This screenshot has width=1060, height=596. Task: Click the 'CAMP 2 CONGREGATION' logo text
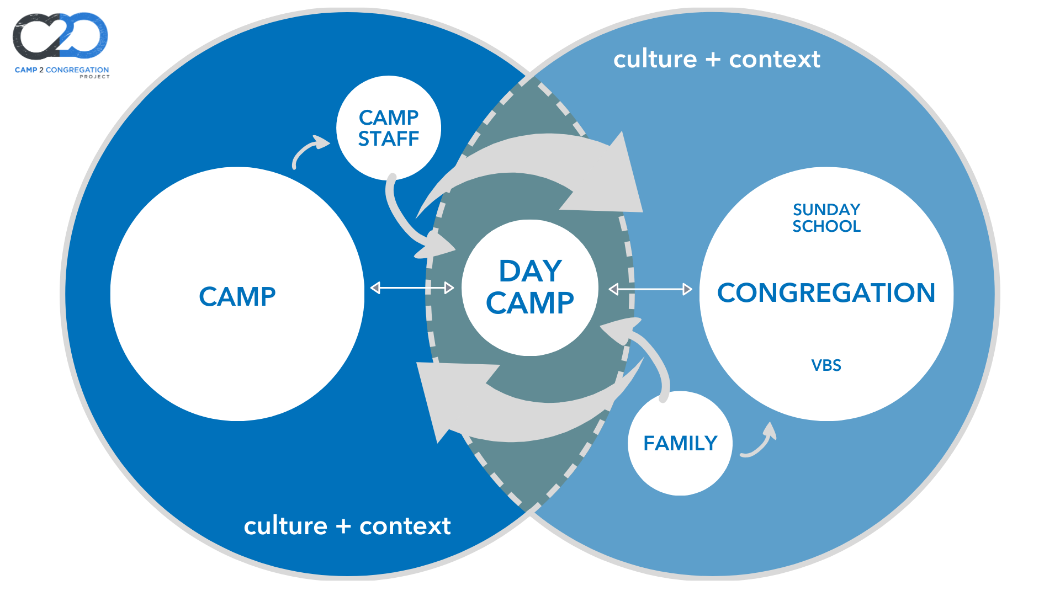[62, 70]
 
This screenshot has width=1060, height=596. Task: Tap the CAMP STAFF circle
[389, 128]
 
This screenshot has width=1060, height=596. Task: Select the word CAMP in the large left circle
[237, 296]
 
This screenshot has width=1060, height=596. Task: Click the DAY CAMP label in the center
[530, 287]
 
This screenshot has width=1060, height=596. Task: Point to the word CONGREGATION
[826, 292]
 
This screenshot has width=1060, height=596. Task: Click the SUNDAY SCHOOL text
[826, 218]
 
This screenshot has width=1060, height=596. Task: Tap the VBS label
[826, 365]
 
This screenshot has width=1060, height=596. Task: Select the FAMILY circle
[680, 443]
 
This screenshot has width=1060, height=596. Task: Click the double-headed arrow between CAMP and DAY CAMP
[412, 288]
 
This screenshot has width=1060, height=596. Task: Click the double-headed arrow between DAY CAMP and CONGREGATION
[650, 289]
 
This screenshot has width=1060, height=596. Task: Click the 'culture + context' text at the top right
[717, 59]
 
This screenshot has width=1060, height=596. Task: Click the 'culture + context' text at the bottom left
[347, 526]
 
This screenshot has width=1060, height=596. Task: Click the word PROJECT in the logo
[94, 77]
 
